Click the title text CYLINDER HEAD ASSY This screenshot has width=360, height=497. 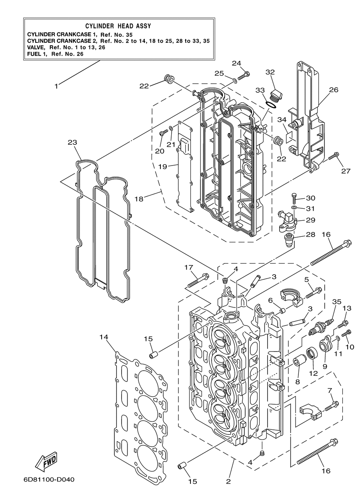coord(118,26)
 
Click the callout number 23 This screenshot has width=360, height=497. coord(72,142)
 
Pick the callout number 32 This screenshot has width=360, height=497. coord(270,72)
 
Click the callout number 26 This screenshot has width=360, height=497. coord(334,90)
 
